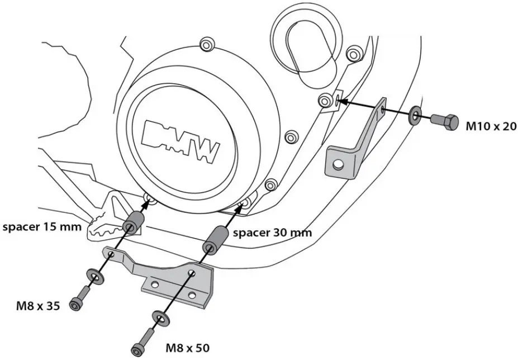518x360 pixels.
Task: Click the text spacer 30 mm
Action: point(272,232)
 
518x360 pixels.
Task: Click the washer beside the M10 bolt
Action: point(416,116)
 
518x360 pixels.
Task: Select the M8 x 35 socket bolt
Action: point(79,298)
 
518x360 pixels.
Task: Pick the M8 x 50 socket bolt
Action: point(142,342)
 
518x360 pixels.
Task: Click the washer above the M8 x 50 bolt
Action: point(161,319)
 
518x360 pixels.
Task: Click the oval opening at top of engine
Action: point(306,51)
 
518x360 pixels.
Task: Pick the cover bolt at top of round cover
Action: point(207,44)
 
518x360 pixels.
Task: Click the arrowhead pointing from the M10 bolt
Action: point(343,102)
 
